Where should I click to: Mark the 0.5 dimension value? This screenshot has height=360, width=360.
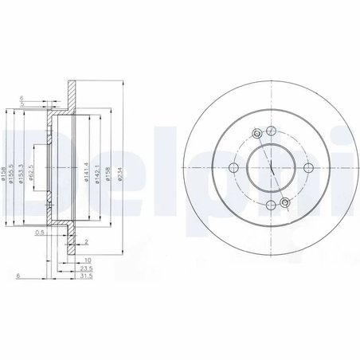tap(41, 234)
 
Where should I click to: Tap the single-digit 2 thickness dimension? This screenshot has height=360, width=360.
tap(86, 241)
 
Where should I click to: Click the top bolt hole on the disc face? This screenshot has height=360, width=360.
tap(270, 131)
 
